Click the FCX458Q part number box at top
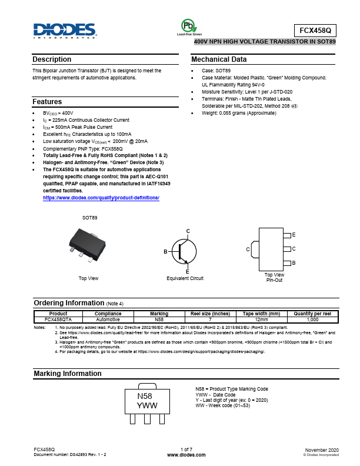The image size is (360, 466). pos(315,30)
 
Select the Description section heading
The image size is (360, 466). pos(52,59)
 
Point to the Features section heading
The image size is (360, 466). pos(47,102)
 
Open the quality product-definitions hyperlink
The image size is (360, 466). pos(101,198)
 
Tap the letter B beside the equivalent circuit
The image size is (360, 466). pos(166,252)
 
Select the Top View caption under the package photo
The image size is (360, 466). pos(88,278)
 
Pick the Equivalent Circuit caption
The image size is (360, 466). pos(185,278)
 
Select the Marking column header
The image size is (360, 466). pos(159,314)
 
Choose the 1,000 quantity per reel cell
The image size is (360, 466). pos(312,319)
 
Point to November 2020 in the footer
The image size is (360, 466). pos(322,450)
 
